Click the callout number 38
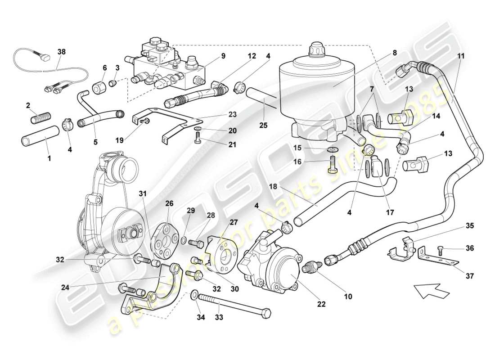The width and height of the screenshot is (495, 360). pyautogui.click(x=61, y=52)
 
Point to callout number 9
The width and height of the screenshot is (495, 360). pyautogui.click(x=223, y=57)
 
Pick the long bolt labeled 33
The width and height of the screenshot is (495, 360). pyautogui.click(x=234, y=306)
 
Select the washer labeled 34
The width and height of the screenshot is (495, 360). pyautogui.click(x=193, y=295)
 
